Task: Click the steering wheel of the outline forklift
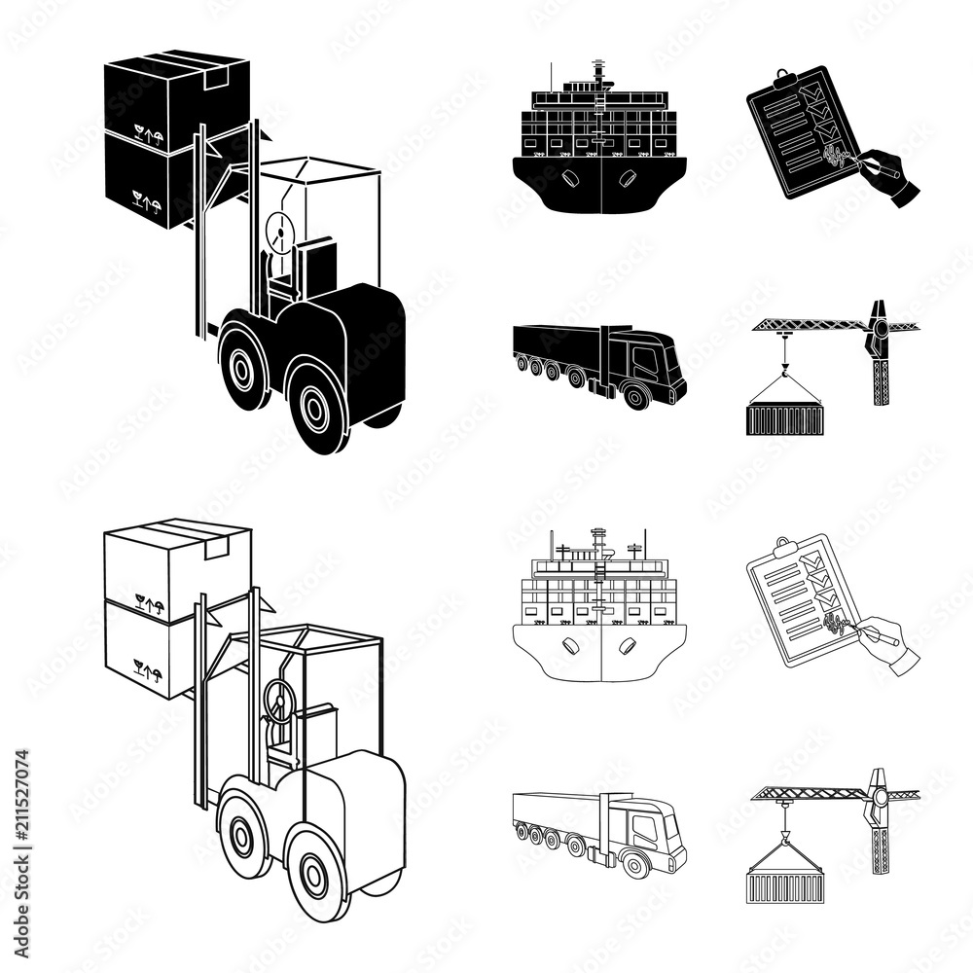[279, 700]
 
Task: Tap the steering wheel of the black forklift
[280, 232]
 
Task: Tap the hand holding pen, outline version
[890, 642]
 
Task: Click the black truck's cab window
[644, 361]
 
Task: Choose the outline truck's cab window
[644, 828]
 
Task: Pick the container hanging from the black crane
[784, 418]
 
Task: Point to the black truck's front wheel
[637, 394]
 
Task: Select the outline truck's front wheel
[637, 862]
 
